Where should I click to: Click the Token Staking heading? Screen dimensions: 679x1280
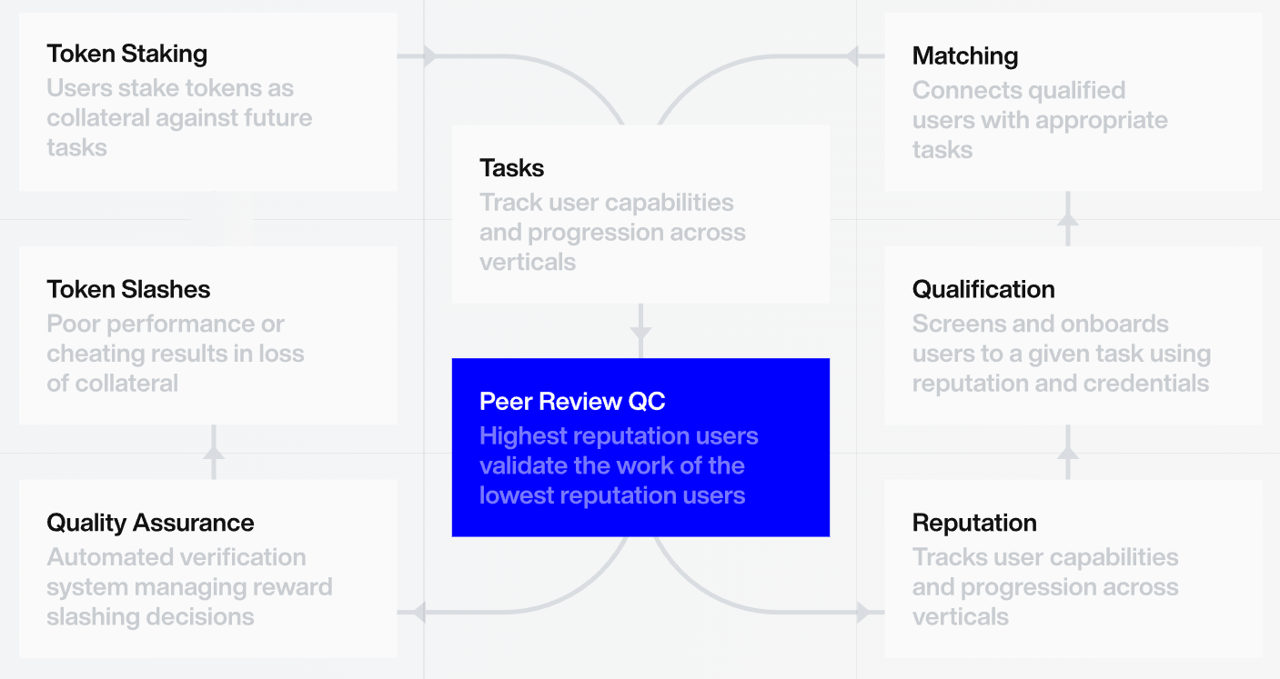126,54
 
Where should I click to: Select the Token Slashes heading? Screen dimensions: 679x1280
128,289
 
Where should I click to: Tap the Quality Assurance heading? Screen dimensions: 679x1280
150,523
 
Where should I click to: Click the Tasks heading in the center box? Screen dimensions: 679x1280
511,168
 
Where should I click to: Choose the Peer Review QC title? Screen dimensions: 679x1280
572,402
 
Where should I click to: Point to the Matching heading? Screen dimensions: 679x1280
964,55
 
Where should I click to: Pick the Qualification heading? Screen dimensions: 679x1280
983,289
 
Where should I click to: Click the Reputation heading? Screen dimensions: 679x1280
973,523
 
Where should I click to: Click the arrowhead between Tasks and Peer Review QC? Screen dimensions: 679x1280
640,333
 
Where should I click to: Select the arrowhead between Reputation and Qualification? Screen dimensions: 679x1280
1068,452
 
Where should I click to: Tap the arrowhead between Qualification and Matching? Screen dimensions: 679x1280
1068,219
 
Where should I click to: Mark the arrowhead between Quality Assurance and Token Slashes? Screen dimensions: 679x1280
213,452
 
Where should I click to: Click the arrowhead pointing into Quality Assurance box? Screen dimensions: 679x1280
418,612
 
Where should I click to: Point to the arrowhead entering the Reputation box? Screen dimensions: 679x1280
862,612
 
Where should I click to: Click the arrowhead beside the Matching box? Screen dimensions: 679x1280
852,56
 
